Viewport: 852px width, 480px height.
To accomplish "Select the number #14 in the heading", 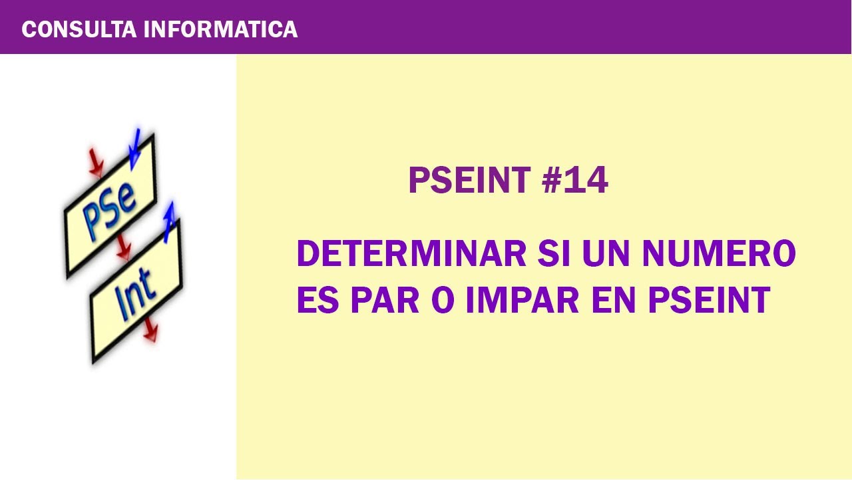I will [x=575, y=181].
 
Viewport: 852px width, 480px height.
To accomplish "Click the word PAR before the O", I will [x=385, y=300].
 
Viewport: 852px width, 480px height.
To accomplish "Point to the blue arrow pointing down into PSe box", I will [x=135, y=147].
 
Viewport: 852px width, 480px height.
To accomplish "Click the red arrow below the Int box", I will [x=150, y=330].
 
